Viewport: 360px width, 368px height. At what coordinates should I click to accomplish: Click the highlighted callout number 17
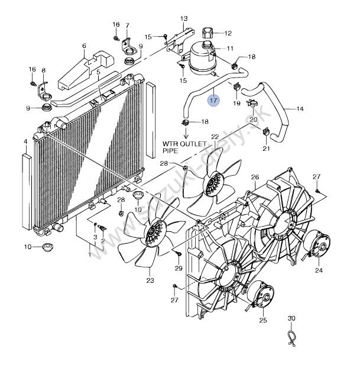pos(213,101)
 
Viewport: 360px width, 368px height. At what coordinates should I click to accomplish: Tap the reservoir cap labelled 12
pos(207,33)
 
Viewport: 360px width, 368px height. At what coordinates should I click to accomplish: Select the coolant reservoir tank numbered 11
pos(202,58)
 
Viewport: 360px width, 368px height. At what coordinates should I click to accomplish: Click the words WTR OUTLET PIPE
pos(185,147)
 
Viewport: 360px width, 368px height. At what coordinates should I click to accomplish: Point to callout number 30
pos(291,318)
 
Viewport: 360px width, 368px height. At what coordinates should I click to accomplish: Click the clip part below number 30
pos(291,338)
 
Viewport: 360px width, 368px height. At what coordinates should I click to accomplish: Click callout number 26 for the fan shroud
pos(255,177)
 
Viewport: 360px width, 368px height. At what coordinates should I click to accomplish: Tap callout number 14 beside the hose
pos(300,109)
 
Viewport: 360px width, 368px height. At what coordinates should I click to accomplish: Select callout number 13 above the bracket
pos(184,18)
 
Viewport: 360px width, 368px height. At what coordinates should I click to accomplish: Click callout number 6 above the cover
pos(84,46)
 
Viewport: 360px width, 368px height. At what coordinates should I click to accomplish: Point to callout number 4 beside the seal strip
pos(25,142)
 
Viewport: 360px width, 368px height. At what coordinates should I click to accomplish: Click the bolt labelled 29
pos(178,253)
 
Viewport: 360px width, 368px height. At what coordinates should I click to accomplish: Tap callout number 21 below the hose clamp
pos(267,149)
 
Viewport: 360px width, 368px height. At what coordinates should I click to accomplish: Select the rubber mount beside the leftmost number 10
pos(47,247)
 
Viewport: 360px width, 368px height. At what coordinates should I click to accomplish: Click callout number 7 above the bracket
pos(127,25)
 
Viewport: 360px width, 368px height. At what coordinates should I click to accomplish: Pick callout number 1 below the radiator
pos(89,254)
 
